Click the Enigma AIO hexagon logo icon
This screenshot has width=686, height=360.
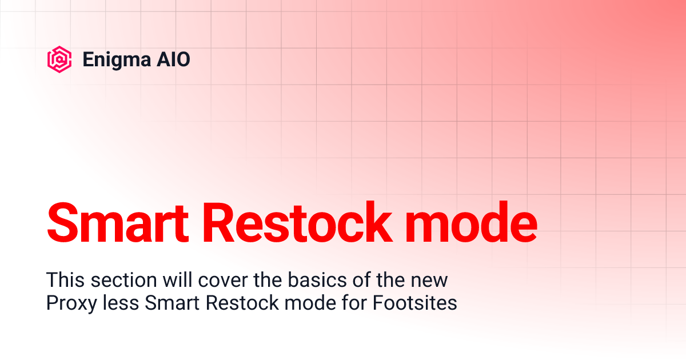pos(59,59)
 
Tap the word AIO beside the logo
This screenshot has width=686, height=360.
pos(173,59)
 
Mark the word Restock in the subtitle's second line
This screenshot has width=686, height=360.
pos(235,303)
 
